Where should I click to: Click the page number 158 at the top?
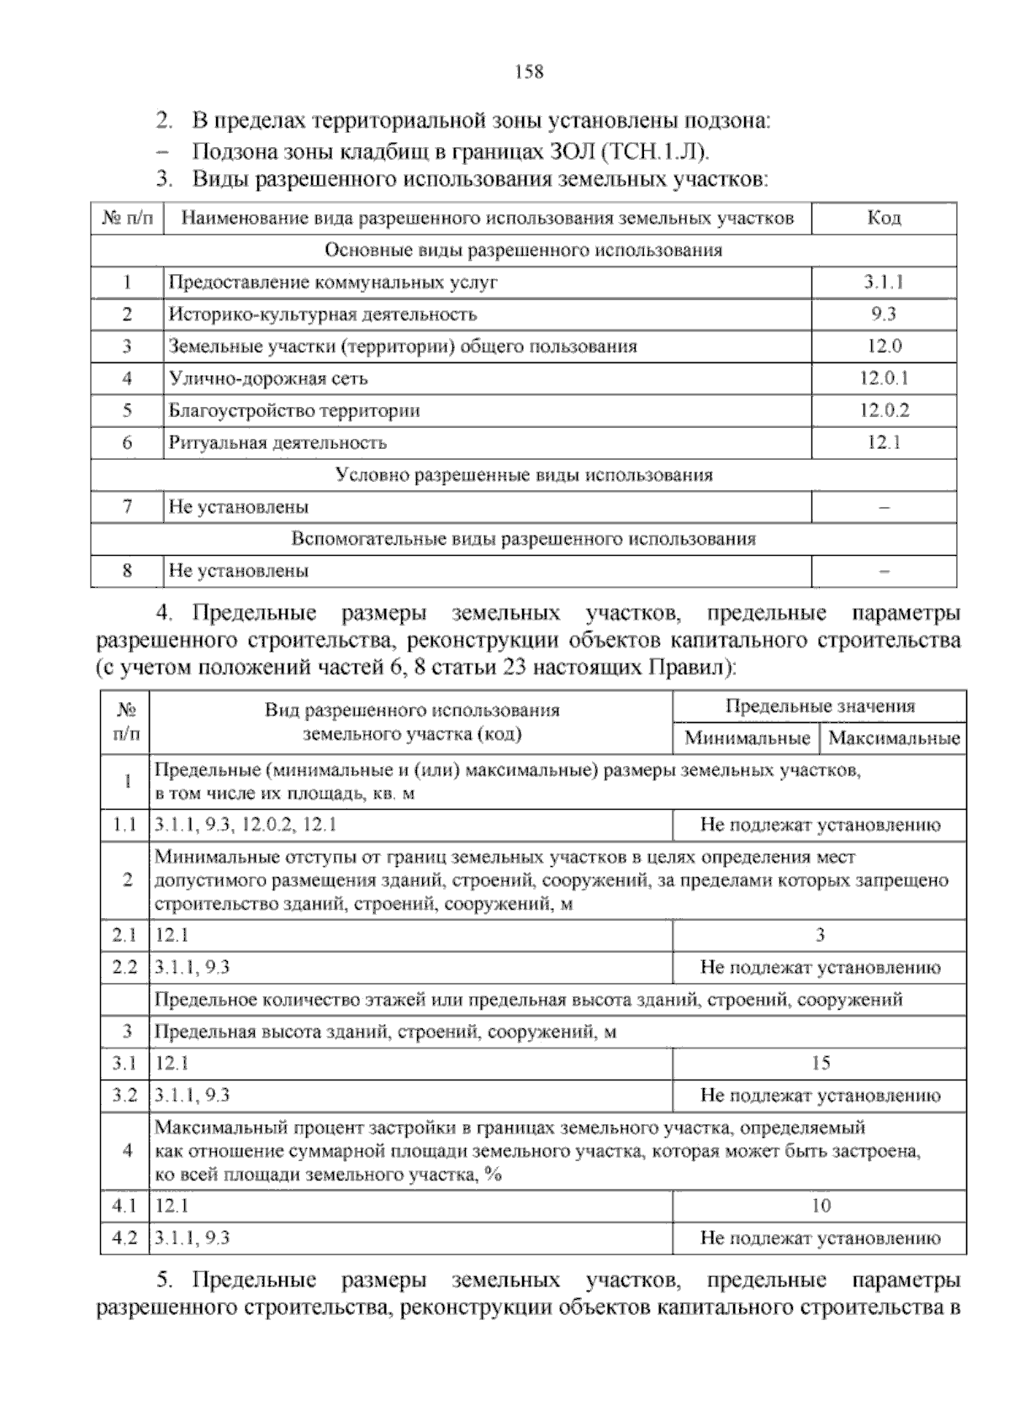(x=529, y=71)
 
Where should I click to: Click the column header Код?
(x=884, y=219)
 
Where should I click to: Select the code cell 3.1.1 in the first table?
(x=884, y=283)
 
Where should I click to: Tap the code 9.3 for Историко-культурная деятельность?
(x=884, y=314)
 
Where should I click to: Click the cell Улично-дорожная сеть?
(x=268, y=378)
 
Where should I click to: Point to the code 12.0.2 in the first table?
(x=884, y=410)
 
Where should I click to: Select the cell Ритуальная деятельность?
(x=277, y=443)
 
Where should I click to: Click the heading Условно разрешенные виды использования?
(x=524, y=475)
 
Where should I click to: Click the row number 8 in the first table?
(x=127, y=571)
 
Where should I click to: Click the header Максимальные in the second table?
(x=894, y=739)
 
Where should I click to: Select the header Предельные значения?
(x=820, y=706)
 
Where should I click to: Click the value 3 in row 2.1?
(x=820, y=935)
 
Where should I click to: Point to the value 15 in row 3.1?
(x=820, y=1064)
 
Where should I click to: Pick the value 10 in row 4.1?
(x=820, y=1206)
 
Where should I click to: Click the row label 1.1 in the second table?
(x=124, y=825)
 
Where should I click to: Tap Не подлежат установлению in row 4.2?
(x=820, y=1238)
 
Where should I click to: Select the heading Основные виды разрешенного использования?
(x=523, y=251)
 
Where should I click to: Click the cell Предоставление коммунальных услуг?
(x=333, y=283)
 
